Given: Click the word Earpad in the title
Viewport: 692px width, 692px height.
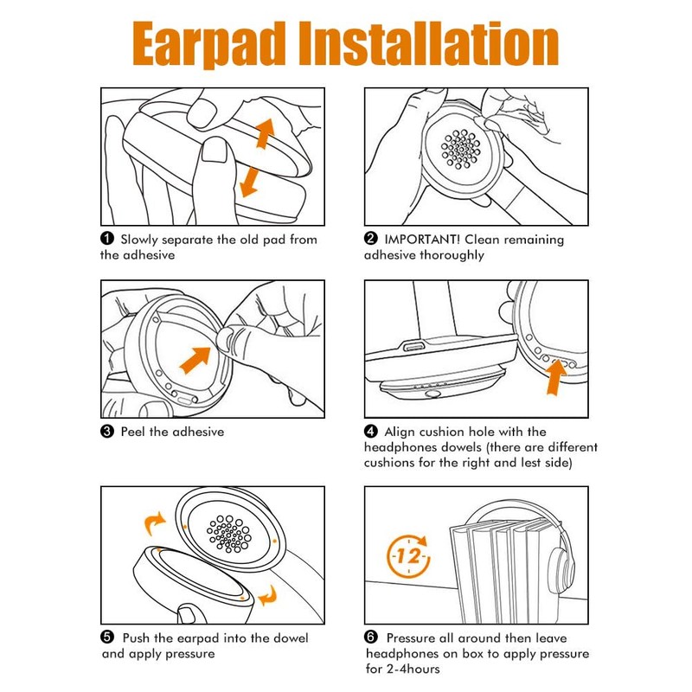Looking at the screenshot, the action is point(208,44).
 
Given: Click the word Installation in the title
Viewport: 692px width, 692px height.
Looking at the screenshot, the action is point(429,43).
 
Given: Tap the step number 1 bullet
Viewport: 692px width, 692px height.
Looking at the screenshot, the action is point(107,239).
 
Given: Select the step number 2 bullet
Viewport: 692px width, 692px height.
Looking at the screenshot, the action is point(371,239).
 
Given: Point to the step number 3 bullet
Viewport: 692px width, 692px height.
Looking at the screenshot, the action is point(107,431).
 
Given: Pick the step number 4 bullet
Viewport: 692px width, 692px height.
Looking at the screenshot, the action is point(371,431).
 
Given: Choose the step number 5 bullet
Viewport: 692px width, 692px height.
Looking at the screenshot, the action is point(107,638).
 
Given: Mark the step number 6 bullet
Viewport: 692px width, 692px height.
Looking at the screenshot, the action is point(371,638).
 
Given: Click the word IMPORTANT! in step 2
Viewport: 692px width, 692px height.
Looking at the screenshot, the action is point(422,240).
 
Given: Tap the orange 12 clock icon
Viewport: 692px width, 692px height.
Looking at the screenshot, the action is point(408,556).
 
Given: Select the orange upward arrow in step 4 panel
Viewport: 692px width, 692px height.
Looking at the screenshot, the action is point(554,377).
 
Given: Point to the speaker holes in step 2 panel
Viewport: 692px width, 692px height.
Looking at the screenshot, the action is point(461,149).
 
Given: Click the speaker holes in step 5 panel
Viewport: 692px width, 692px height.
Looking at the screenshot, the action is point(229,534).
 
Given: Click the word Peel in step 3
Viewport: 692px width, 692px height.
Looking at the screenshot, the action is point(134,432).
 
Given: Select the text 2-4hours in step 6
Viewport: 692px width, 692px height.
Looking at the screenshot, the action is point(413,669).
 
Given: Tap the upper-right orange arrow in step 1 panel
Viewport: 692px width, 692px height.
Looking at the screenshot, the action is point(266,133).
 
